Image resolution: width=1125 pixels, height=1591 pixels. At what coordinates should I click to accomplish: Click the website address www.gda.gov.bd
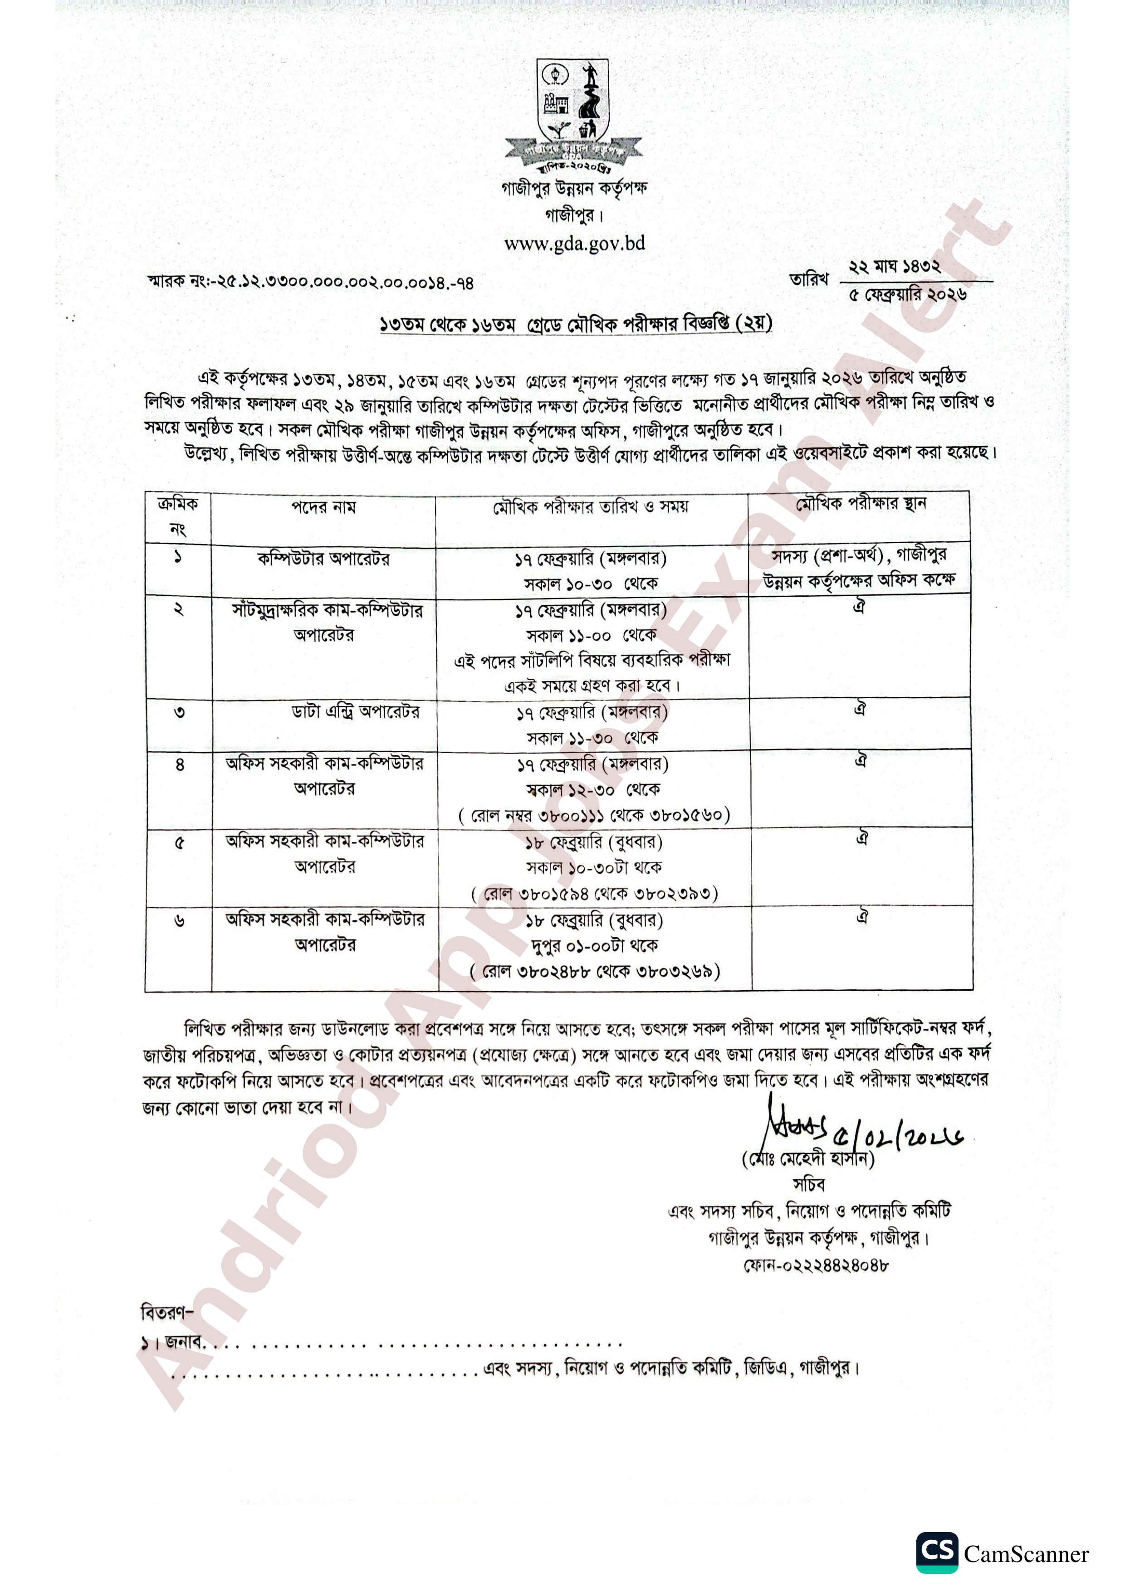point(575,243)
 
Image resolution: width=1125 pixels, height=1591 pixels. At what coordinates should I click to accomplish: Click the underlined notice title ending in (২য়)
point(575,324)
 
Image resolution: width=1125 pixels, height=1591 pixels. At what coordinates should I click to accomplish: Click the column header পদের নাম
point(323,507)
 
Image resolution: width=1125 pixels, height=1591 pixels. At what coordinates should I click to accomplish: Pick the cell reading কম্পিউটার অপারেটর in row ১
point(323,559)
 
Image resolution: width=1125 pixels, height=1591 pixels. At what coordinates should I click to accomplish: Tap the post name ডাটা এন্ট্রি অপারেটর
point(355,712)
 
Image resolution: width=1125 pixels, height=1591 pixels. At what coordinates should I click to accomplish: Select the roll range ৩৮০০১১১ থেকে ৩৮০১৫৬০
point(594,814)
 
